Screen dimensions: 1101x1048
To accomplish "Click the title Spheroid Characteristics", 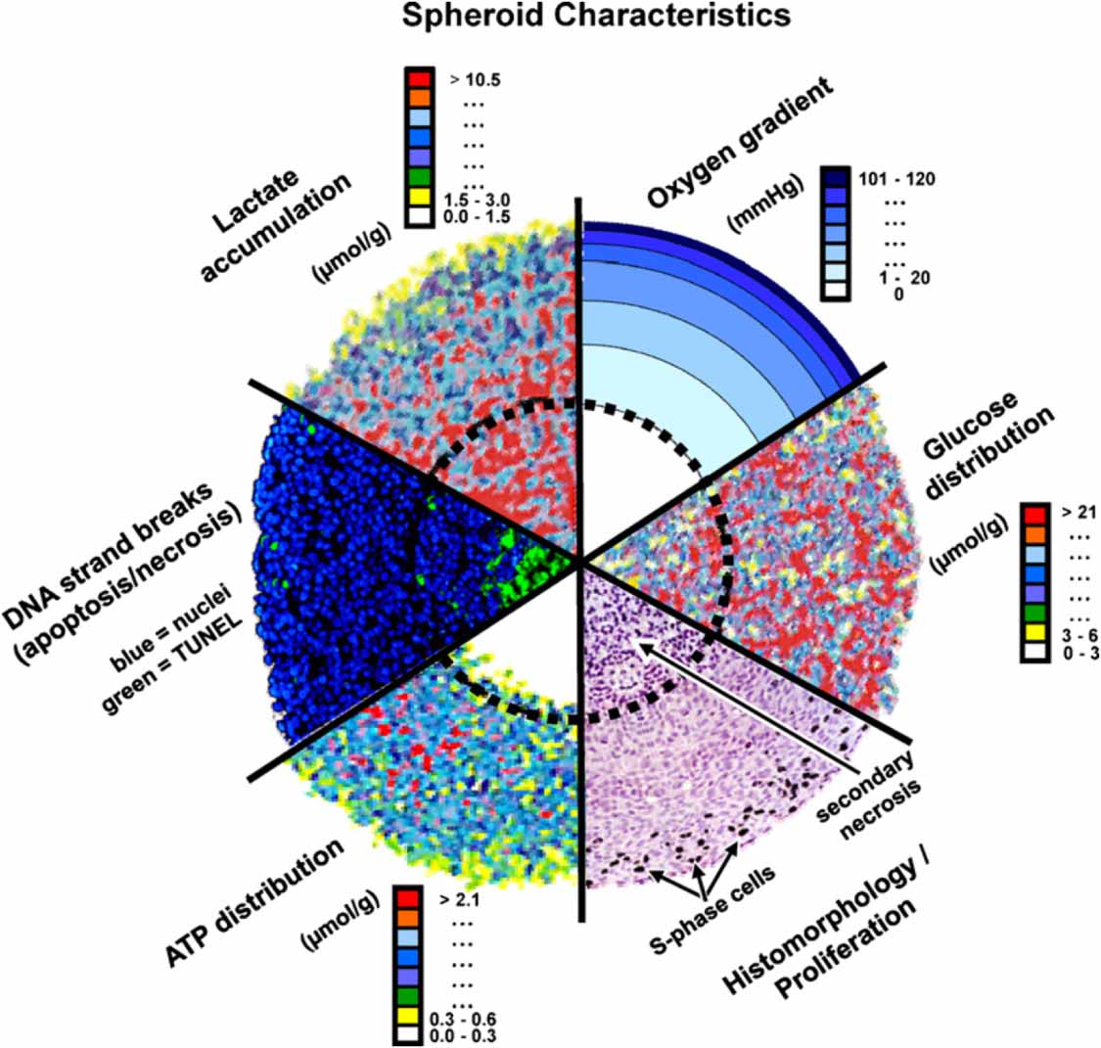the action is pos(596,16).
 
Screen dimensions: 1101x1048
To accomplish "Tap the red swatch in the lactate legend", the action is pos(419,76).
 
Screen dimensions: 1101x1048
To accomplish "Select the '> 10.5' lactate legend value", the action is pos(476,80).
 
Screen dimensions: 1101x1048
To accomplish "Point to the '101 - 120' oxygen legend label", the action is pos(896,179).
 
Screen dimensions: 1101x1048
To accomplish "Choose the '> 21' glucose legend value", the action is pos(1078,513).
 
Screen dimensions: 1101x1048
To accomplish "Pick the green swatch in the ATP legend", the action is pos(408,996).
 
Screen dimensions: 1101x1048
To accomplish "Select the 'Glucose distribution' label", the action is pos(988,446).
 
